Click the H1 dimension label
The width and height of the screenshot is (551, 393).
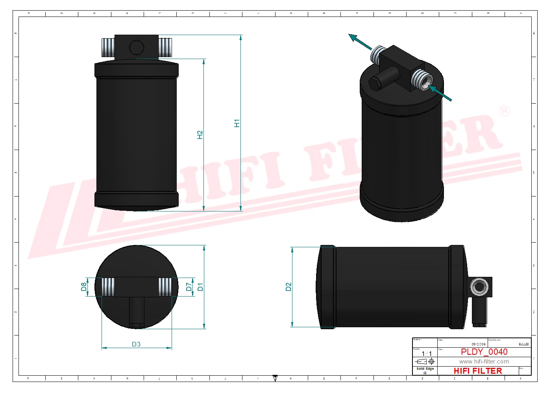pyautogui.click(x=237, y=123)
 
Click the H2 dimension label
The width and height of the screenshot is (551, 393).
pyautogui.click(x=200, y=135)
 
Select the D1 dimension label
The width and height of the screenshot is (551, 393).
pyautogui.click(x=200, y=287)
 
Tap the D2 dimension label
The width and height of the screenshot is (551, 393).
pyautogui.click(x=288, y=287)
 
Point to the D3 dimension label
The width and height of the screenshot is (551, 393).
pyautogui.click(x=136, y=344)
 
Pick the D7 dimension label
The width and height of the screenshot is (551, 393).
pyautogui.click(x=189, y=287)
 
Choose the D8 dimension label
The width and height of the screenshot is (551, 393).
pyautogui.click(x=84, y=287)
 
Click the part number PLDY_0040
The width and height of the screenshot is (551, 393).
pyautogui.click(x=484, y=352)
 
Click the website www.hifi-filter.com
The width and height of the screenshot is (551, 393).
pyautogui.click(x=484, y=361)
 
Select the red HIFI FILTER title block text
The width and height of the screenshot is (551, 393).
pyautogui.click(x=478, y=371)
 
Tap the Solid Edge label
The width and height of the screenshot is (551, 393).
pyautogui.click(x=425, y=369)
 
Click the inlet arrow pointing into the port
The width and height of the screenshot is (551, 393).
pyautogui.click(x=441, y=94)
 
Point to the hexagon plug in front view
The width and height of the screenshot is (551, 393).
pyautogui.click(x=137, y=48)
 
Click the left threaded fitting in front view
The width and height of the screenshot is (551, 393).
pyautogui.click(x=108, y=48)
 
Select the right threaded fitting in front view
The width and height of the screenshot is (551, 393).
pyautogui.click(x=165, y=48)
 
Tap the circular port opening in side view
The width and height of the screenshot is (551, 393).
pyautogui.click(x=479, y=286)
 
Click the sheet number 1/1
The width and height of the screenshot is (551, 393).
pyautogui.click(x=427, y=354)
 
